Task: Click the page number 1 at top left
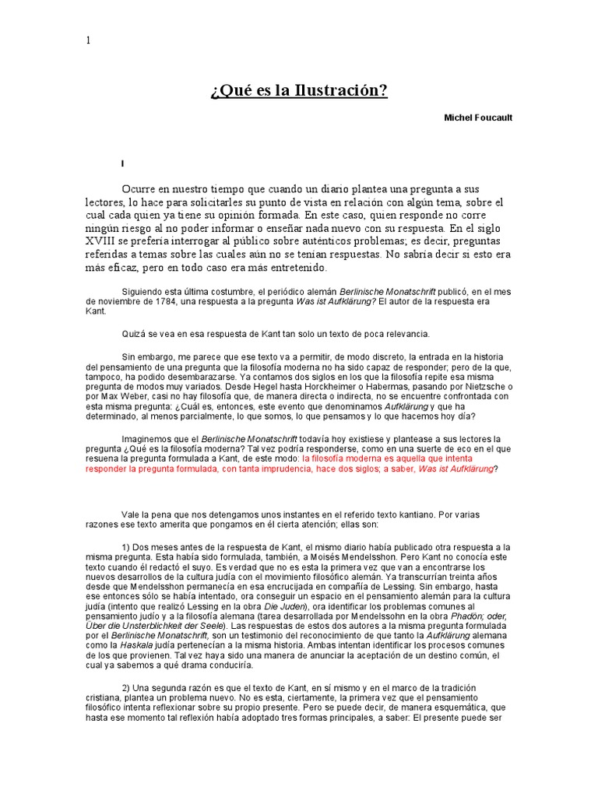click(88, 40)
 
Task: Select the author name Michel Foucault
click(478, 118)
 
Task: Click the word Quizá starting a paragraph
click(133, 334)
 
